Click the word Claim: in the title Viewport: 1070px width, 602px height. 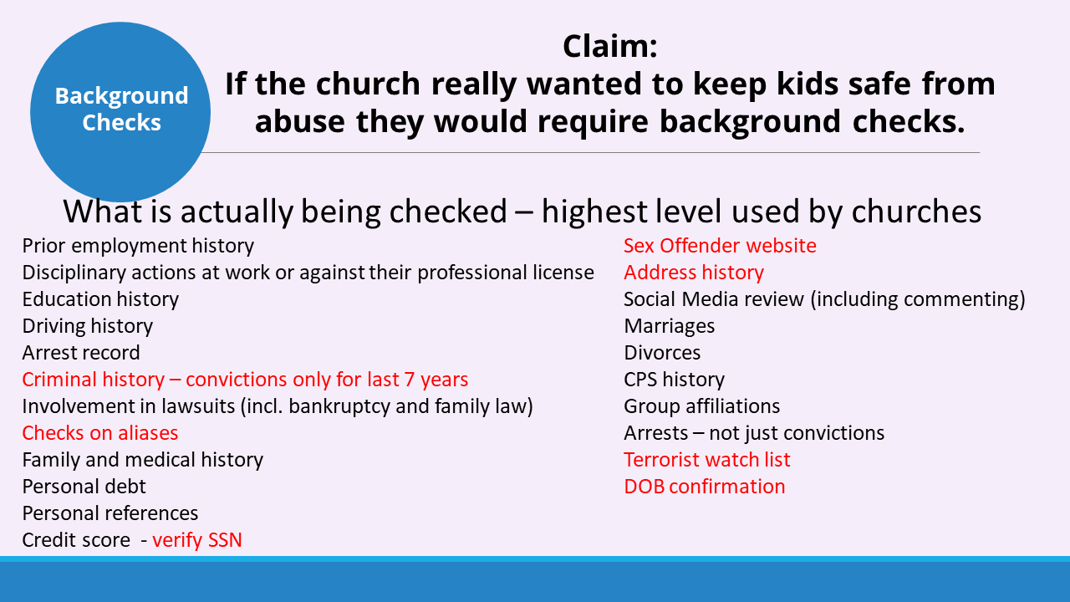point(610,46)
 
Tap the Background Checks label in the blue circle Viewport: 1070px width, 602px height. point(121,109)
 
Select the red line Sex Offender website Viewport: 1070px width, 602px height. point(720,246)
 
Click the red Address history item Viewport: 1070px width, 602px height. point(694,273)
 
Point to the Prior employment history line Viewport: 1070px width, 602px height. point(138,246)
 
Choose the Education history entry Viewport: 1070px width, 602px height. point(100,299)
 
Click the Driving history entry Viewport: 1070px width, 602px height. point(88,326)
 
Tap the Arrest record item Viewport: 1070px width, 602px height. point(81,353)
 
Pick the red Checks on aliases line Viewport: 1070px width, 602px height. point(99,433)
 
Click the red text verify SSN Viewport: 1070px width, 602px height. point(197,540)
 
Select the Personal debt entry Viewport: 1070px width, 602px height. point(84,487)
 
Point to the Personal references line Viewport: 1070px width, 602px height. point(110,513)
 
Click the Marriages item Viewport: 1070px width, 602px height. point(670,326)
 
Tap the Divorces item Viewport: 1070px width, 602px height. point(662,353)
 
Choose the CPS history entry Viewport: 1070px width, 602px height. point(674,380)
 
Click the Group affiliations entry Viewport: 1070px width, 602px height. point(701,406)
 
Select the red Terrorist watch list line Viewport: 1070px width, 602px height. point(707,460)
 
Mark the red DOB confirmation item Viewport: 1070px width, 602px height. point(705,487)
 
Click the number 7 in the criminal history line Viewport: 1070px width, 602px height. point(410,380)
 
